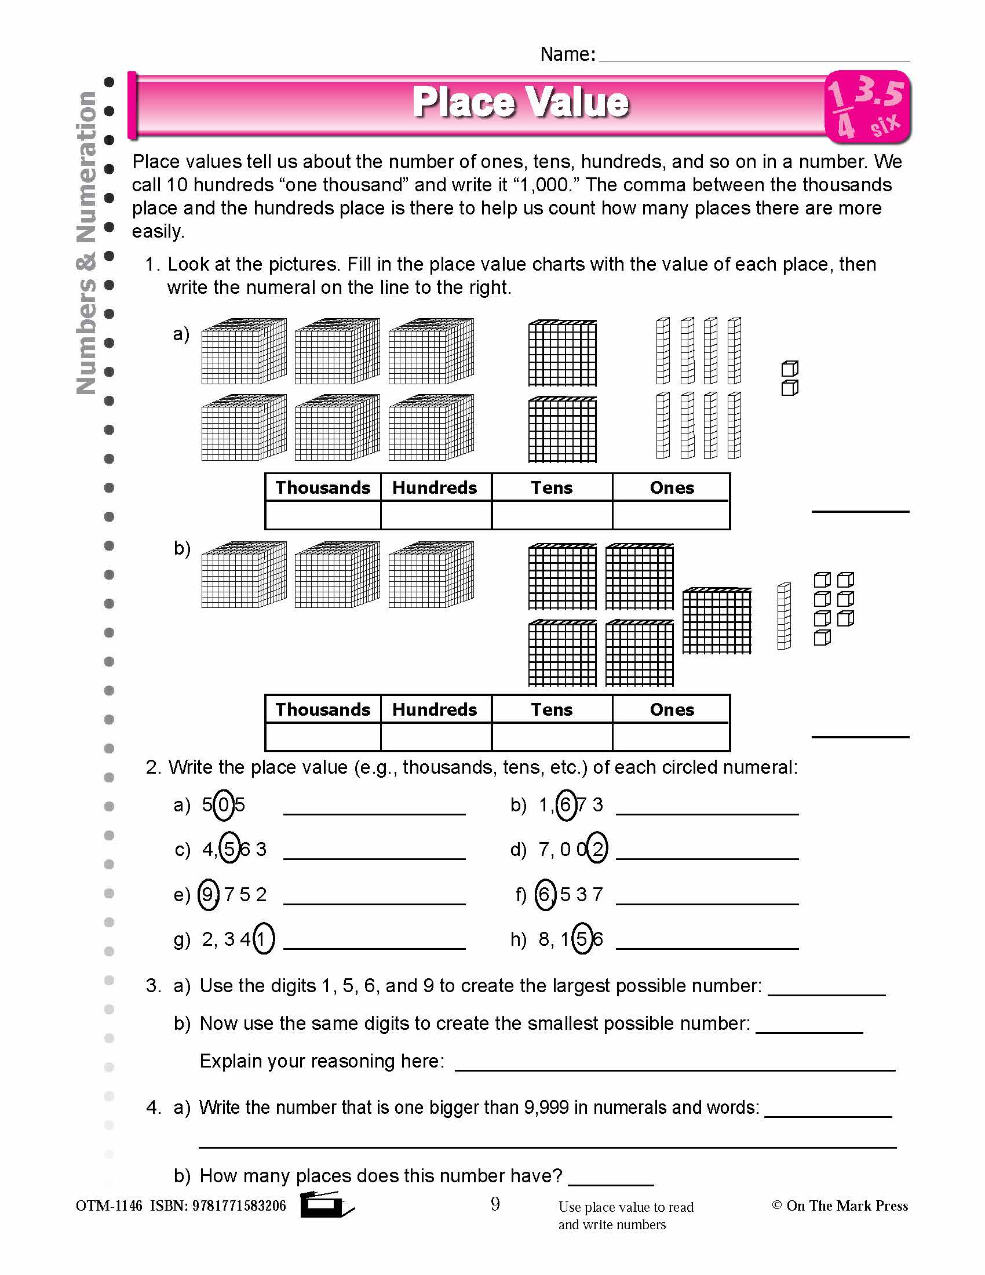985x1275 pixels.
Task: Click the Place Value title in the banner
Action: point(520,102)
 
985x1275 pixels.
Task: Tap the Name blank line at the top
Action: point(754,56)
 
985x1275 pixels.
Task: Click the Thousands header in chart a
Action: point(323,487)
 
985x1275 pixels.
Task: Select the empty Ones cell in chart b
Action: point(671,737)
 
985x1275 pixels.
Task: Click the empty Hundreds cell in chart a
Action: point(435,515)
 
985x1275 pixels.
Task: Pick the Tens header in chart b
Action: point(552,709)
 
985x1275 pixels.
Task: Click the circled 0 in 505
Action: point(224,806)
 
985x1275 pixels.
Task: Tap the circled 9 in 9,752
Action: point(209,895)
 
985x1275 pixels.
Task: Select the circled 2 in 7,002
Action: point(597,850)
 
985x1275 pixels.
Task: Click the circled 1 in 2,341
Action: point(263,939)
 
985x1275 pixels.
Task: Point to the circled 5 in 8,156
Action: point(582,939)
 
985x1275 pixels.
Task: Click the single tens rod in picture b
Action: point(784,617)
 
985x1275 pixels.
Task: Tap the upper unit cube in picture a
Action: point(790,369)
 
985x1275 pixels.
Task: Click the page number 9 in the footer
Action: point(495,1204)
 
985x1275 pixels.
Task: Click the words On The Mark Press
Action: point(847,1206)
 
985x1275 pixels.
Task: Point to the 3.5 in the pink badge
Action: point(880,93)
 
